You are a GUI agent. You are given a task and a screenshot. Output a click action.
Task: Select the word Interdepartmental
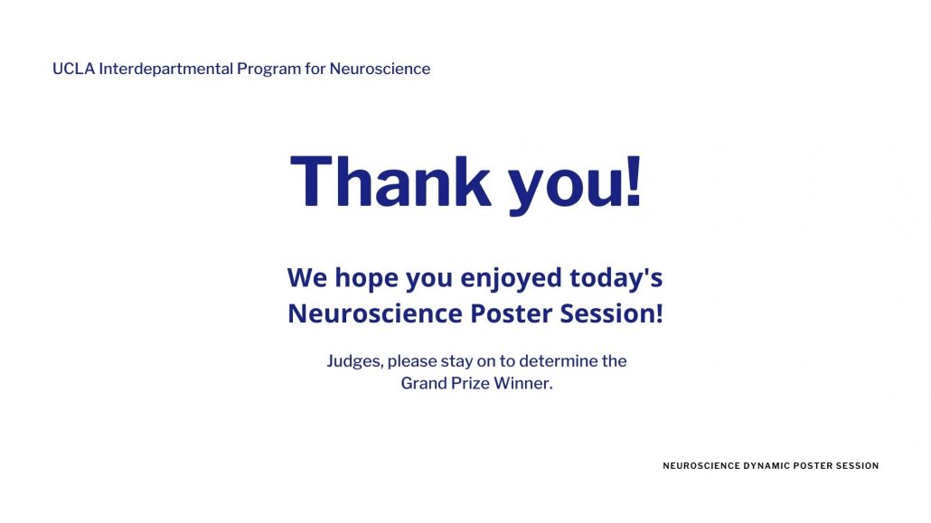[x=165, y=69]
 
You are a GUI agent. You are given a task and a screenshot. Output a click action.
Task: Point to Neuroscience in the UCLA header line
[x=380, y=69]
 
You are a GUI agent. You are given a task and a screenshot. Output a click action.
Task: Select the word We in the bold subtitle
[x=307, y=277]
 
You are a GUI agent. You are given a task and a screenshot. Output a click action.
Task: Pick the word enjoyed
[x=511, y=278]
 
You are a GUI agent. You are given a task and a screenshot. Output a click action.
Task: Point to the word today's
[x=616, y=278]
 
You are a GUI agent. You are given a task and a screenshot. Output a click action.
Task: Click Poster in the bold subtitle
[x=511, y=313]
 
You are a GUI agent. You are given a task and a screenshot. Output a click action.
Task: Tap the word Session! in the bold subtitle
[x=612, y=313]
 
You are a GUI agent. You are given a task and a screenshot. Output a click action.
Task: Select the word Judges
[x=355, y=361]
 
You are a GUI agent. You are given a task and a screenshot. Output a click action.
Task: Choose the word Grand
[x=424, y=383]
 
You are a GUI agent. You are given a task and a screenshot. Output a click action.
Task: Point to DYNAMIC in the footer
[x=766, y=466]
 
